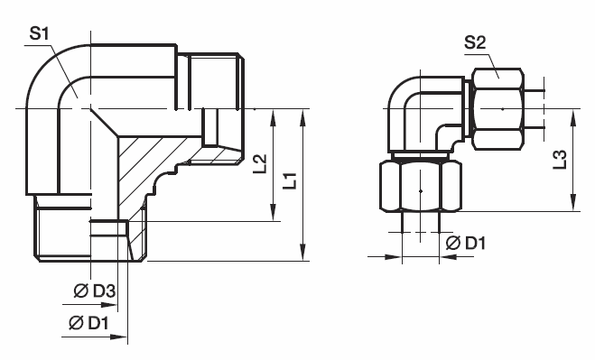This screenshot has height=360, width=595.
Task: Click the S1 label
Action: pyautogui.click(x=39, y=34)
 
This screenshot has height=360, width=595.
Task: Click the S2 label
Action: pyautogui.click(x=475, y=42)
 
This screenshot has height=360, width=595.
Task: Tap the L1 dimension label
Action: pyautogui.click(x=291, y=181)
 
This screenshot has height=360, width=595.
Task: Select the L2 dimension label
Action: pyautogui.click(x=260, y=164)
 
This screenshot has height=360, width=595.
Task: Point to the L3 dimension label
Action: pyautogui.click(x=560, y=160)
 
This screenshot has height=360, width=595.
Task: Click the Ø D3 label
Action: pyautogui.click(x=95, y=291)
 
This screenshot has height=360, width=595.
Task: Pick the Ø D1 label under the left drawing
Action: pyautogui.click(x=88, y=323)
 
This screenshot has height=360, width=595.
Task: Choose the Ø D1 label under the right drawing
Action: pyautogui.click(x=466, y=243)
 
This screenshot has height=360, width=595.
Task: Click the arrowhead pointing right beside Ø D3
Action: pyautogui.click(x=109, y=305)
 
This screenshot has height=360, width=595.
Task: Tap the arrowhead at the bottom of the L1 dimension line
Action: pyautogui.click(x=302, y=253)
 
